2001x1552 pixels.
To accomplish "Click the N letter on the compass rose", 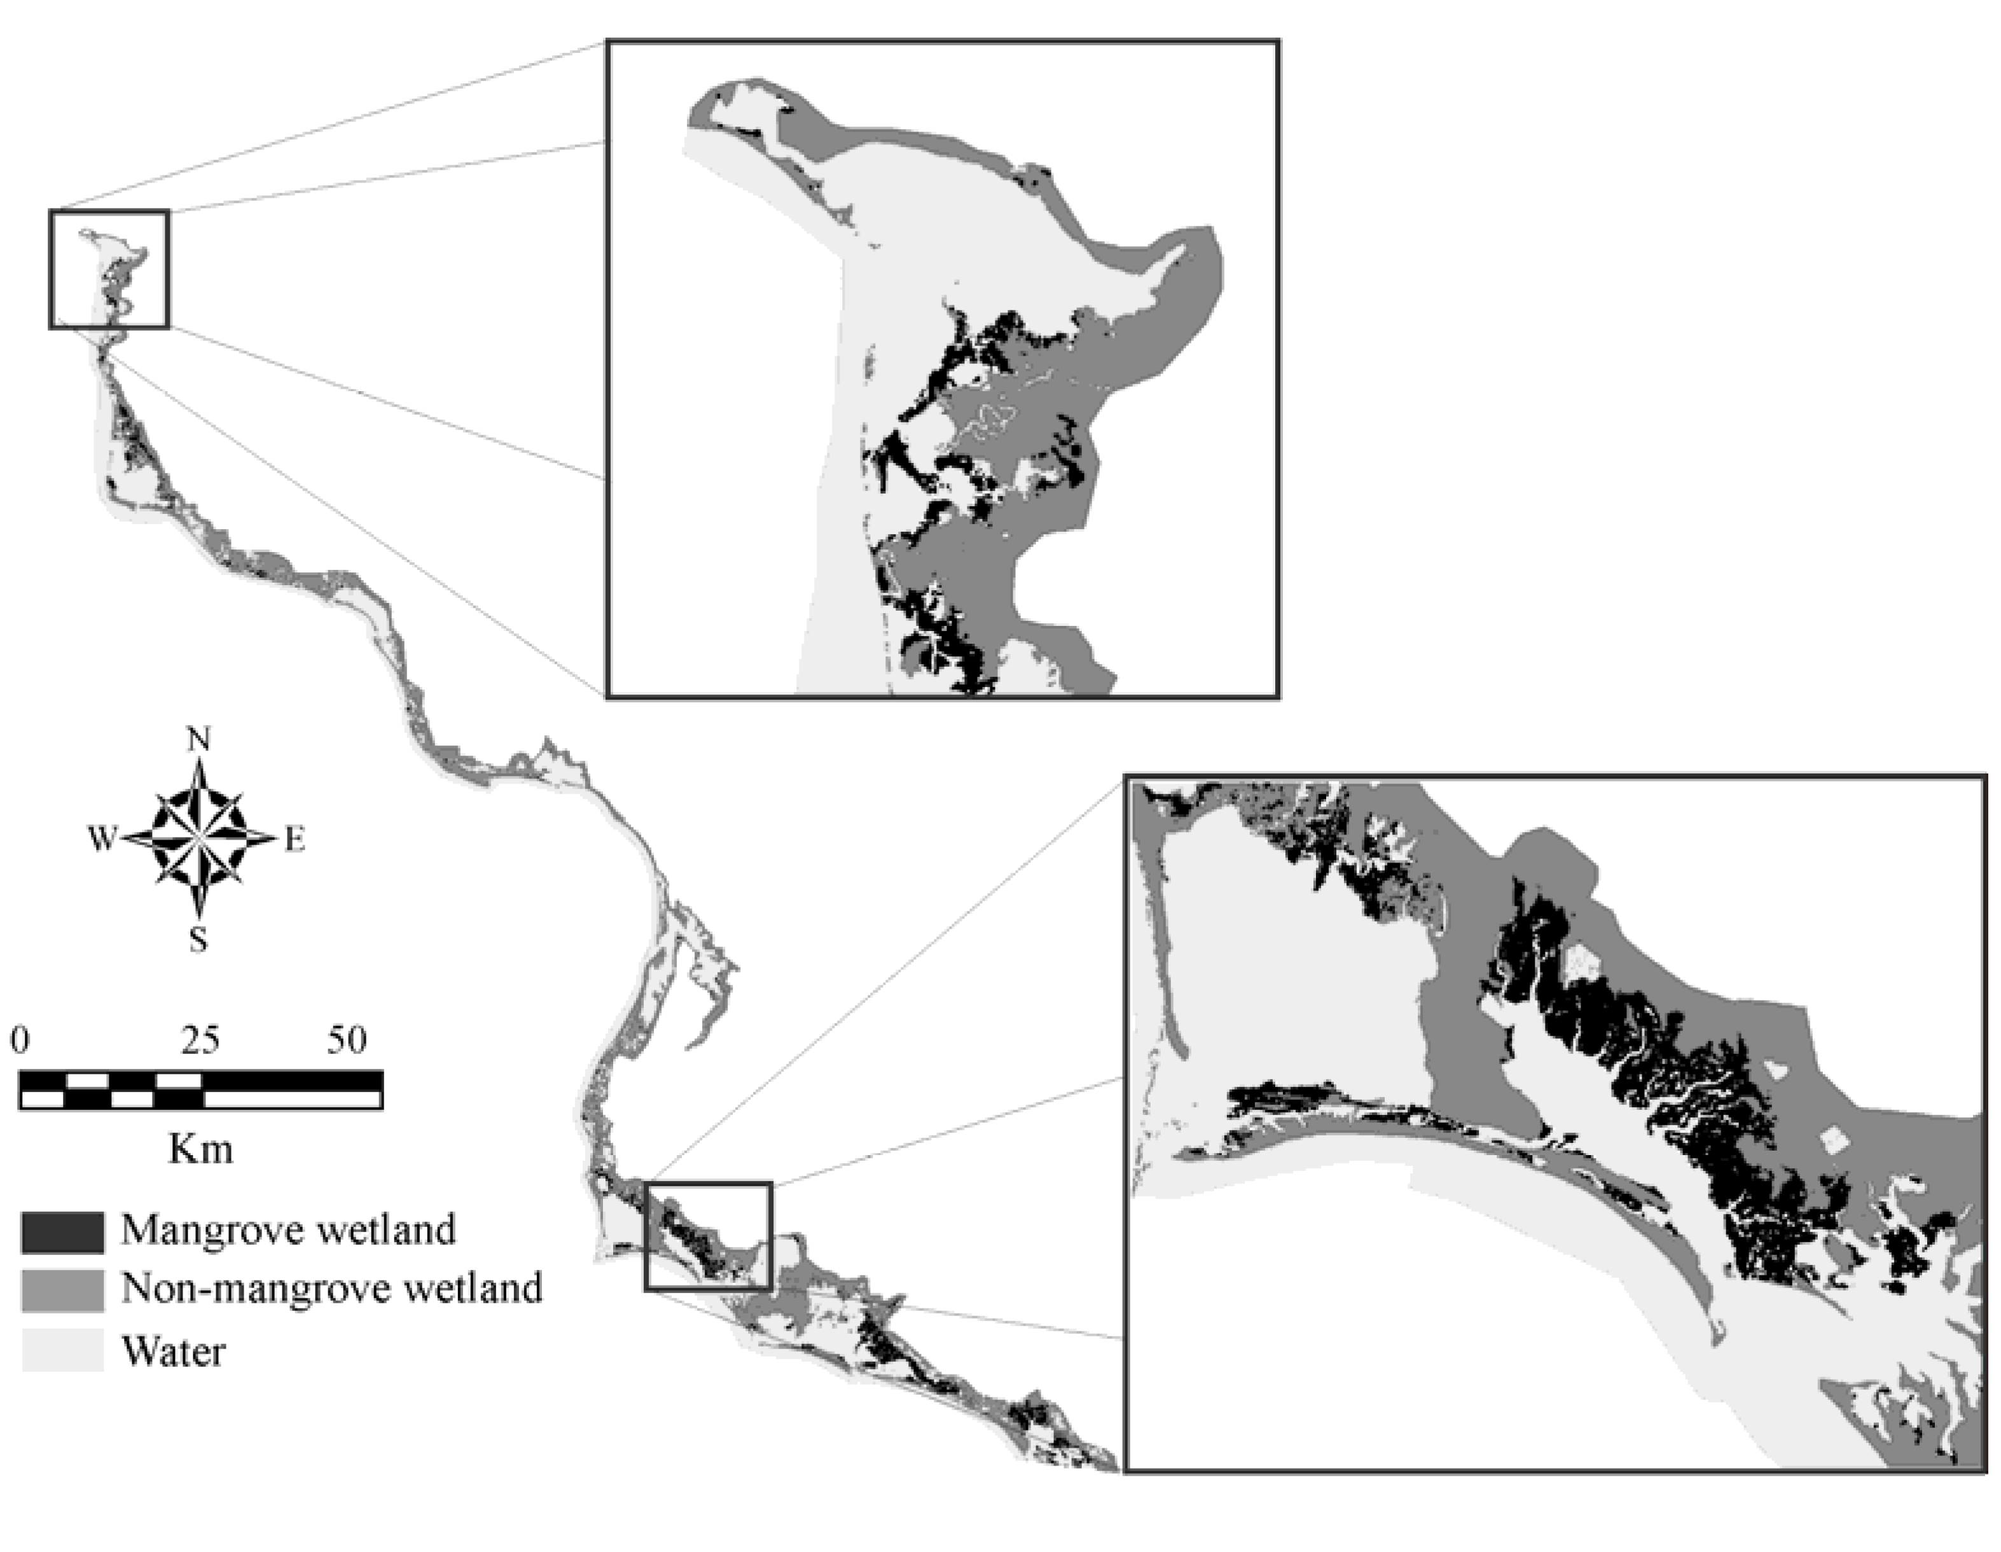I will (x=199, y=739).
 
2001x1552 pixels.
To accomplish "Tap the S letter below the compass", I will (x=198, y=940).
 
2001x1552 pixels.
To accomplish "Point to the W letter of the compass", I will (x=102, y=838).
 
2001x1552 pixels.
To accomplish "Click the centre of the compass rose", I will (x=199, y=838).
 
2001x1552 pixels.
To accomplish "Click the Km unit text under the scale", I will (x=200, y=1148).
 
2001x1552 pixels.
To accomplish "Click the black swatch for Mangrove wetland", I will (x=62, y=1231).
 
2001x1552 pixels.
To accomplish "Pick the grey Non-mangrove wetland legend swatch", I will (x=62, y=1290).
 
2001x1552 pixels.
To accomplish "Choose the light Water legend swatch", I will (x=62, y=1350).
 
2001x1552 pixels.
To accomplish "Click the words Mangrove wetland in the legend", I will (x=287, y=1230).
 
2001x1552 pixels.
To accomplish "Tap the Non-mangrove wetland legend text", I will (x=331, y=1288).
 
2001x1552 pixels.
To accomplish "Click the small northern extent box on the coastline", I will (x=109, y=268).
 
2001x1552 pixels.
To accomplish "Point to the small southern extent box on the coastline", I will (x=708, y=1236).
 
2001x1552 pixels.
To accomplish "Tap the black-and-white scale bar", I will (x=200, y=1090).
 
